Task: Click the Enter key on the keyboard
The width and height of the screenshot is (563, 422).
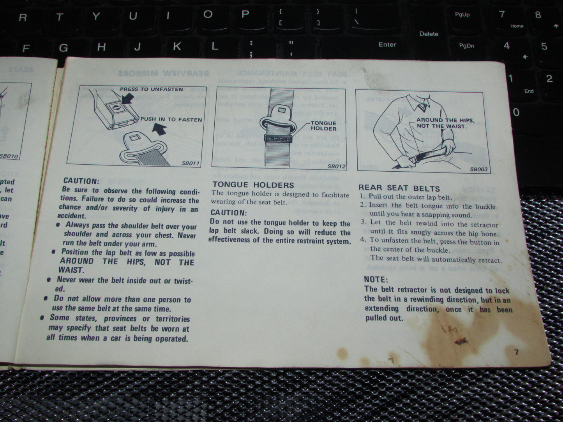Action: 387,44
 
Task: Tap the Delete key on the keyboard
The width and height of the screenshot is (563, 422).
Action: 429,34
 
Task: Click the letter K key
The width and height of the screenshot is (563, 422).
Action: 176,47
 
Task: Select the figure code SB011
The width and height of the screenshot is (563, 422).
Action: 191,163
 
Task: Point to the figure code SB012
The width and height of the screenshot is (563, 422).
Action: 336,166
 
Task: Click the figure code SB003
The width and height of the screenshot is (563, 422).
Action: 478,169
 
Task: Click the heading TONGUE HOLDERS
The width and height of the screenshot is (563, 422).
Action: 253,185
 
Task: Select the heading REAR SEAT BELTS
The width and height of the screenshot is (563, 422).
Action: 399,188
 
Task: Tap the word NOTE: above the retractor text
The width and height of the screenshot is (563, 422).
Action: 376,280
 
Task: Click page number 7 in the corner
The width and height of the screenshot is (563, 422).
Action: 516,352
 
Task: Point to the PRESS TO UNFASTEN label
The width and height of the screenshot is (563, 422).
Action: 151,89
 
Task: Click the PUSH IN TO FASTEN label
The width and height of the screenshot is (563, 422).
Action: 171,120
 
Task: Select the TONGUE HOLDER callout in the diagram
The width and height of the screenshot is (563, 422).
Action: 324,126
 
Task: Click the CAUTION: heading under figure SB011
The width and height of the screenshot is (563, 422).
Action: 81,181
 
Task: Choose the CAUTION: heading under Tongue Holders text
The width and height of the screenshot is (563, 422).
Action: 229,213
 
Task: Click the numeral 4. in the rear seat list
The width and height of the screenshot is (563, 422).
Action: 363,240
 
